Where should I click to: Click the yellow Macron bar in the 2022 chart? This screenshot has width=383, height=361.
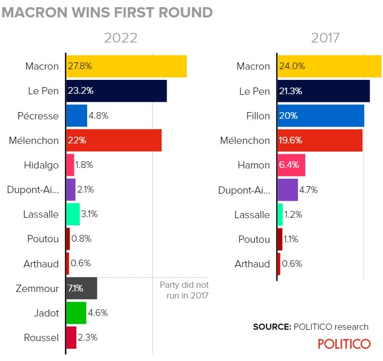[x=126, y=67]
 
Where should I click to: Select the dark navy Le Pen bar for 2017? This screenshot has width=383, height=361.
[x=324, y=91]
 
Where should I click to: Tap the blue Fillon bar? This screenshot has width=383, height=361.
[x=320, y=116]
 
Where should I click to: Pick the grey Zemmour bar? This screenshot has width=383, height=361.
[x=82, y=288]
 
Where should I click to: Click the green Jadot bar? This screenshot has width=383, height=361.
[x=76, y=313]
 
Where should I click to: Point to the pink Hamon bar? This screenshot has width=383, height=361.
[x=291, y=165]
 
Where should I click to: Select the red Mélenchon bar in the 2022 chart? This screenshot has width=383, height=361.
[x=114, y=140]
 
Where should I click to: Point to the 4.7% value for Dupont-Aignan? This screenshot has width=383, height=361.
[x=309, y=189]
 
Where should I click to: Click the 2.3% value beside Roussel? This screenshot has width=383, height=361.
[x=88, y=337]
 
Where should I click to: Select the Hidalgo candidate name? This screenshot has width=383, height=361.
[x=41, y=165]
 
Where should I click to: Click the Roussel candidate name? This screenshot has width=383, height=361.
[x=41, y=337]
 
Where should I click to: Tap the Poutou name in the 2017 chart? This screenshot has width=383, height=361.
[x=254, y=239]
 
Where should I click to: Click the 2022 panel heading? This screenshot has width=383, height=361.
[x=121, y=38]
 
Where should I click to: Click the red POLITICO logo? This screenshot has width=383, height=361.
[x=344, y=344]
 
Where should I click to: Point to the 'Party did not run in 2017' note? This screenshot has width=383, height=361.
[x=184, y=290]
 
